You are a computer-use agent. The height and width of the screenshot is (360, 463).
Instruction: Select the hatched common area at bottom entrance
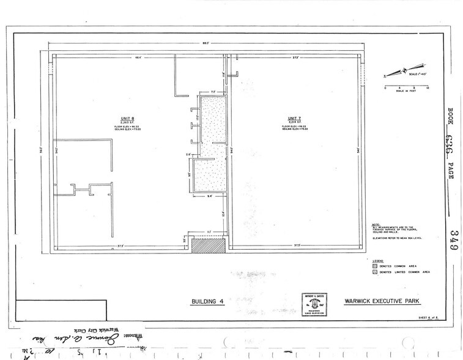coord(207,246)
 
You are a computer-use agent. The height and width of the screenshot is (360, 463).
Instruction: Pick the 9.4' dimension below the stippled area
coord(209,197)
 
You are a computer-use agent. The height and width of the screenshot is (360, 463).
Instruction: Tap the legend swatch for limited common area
coord(374,271)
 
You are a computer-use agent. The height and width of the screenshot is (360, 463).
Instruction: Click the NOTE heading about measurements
coord(375,223)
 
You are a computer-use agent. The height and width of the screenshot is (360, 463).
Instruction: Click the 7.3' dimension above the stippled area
coord(213,92)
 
